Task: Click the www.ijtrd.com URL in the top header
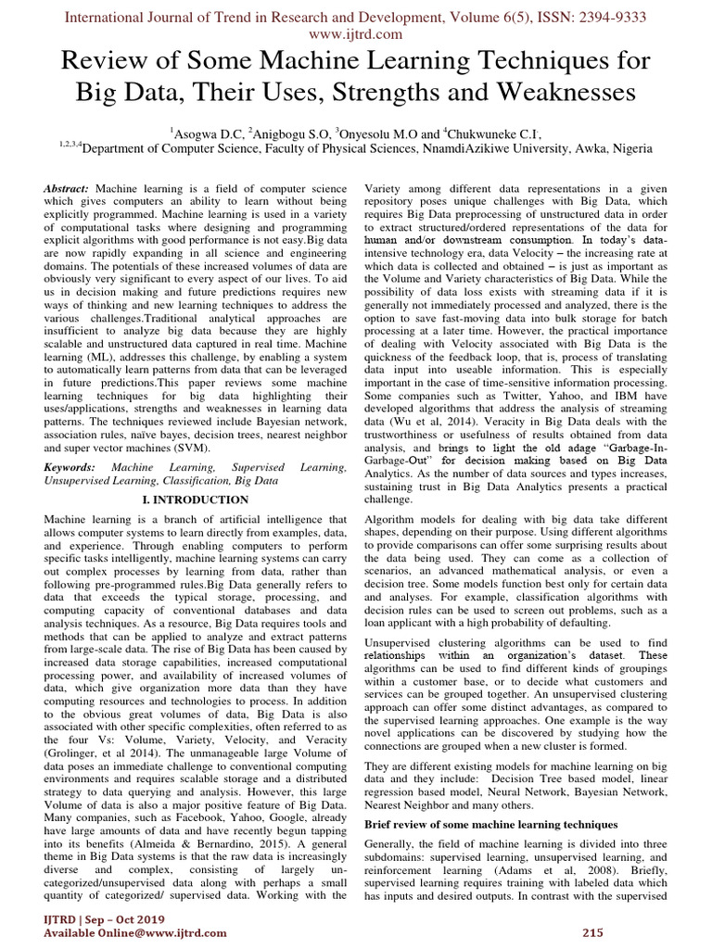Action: (356, 34)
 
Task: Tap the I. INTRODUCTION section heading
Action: (194, 500)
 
